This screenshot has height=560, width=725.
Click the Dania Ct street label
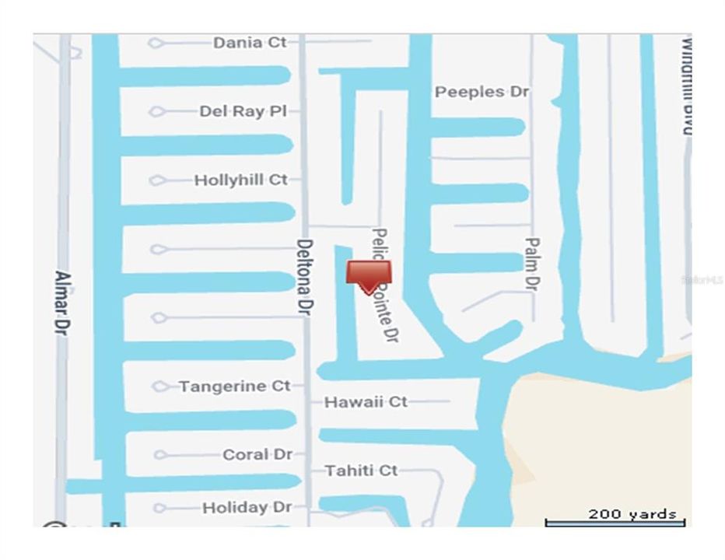pyautogui.click(x=250, y=43)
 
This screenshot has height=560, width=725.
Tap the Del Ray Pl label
pyautogui.click(x=243, y=111)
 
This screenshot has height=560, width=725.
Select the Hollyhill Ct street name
pyautogui.click(x=240, y=180)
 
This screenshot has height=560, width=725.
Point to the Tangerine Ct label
pyautogui.click(x=234, y=386)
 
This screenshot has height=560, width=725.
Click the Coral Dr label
pyautogui.click(x=257, y=454)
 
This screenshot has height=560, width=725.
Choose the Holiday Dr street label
pyautogui.click(x=247, y=508)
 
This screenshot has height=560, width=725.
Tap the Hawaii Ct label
pyautogui.click(x=366, y=402)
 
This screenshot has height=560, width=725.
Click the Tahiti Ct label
pyautogui.click(x=361, y=471)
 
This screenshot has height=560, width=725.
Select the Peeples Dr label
pyautogui.click(x=482, y=92)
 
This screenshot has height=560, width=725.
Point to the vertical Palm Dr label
pyautogui.click(x=531, y=264)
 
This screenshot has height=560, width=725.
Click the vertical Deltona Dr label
pyautogui.click(x=305, y=275)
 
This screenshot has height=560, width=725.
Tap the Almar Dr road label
pyautogui.click(x=64, y=303)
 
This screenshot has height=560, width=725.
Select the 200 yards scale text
pyautogui.click(x=632, y=514)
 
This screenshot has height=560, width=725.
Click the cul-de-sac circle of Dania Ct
pyautogui.click(x=156, y=43)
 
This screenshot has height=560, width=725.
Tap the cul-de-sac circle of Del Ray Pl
pyautogui.click(x=156, y=112)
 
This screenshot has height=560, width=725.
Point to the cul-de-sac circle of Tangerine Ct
pyautogui.click(x=160, y=387)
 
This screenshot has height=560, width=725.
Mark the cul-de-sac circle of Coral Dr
pyautogui.click(x=160, y=455)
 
